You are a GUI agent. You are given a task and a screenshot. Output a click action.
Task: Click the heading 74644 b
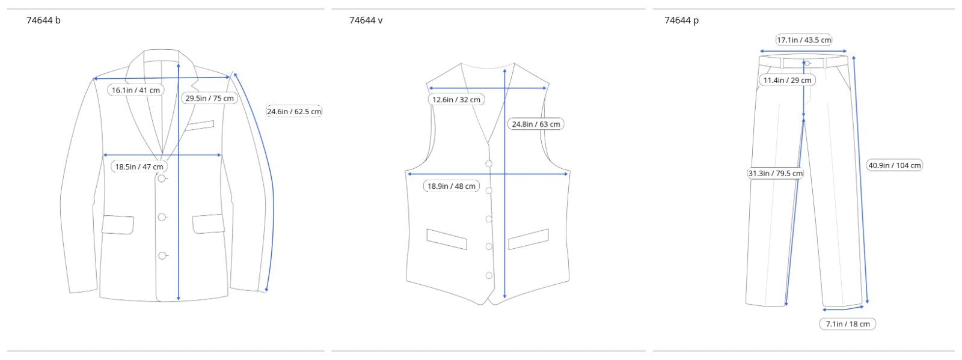coord(43,20)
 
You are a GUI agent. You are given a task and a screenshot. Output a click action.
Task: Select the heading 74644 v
coord(366,20)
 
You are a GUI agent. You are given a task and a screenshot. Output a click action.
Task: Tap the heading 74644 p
coord(682,20)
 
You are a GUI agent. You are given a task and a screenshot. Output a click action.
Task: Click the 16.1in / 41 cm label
coord(136,90)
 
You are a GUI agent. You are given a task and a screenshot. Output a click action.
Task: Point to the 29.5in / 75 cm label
coord(210,98)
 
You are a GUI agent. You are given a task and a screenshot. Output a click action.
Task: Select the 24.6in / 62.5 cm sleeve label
coord(294,112)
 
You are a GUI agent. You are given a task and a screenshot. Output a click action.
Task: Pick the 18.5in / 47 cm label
coord(139,166)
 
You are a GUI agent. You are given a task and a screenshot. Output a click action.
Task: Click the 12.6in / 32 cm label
coord(456,100)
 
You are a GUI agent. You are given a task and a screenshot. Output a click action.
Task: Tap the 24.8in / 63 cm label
coord(536,124)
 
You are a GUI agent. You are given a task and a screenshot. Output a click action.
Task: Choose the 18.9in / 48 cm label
coord(452,186)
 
